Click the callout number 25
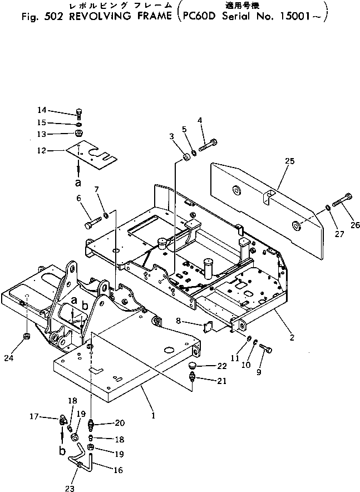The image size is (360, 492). tap(290, 161)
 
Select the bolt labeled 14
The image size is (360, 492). tap(78, 114)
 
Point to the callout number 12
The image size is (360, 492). tap(42, 151)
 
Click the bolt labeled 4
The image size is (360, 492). tap(208, 145)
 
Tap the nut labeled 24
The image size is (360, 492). tap(27, 337)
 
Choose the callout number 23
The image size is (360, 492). tap(70, 488)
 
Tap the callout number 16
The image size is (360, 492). tap(118, 470)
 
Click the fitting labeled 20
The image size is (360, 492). tap(92, 425)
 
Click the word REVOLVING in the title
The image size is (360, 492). tap(98, 16)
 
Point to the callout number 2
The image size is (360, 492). tap(292, 338)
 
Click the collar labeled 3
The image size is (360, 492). tap(187, 157)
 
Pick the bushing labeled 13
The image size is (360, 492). tap(78, 134)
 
